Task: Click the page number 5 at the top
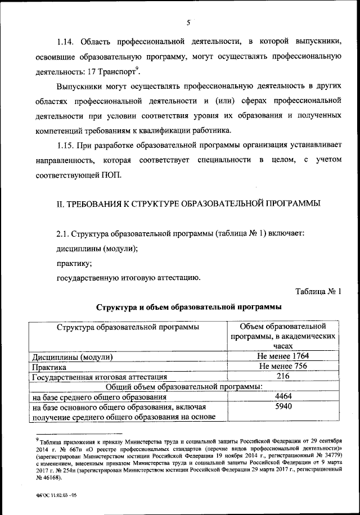(x=189, y=22)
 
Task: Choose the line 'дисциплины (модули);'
(x=97, y=248)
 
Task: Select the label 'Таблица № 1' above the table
(x=318, y=291)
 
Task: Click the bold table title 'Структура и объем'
(x=188, y=307)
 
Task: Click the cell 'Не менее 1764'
(x=283, y=356)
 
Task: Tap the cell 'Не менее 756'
(x=283, y=366)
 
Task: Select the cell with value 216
(x=283, y=376)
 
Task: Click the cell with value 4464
(x=283, y=396)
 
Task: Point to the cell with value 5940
(x=283, y=406)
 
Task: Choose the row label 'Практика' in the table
(x=49, y=367)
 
